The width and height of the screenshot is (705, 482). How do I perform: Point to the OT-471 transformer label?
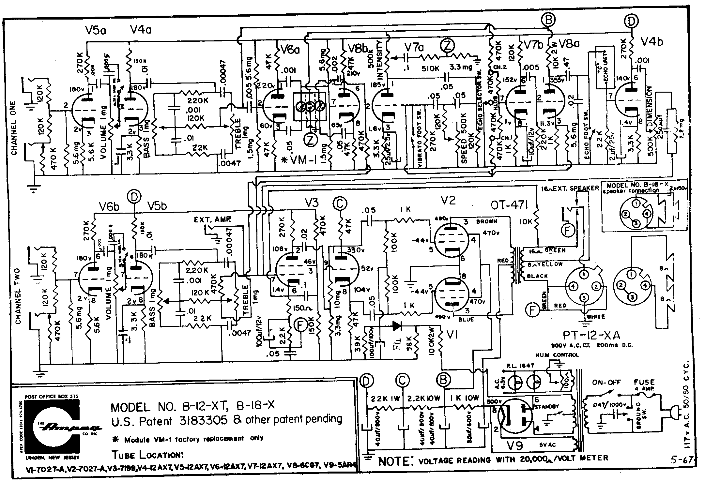(x=509, y=205)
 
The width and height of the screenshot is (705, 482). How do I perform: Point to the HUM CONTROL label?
(x=557, y=355)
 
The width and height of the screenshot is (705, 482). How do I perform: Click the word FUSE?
(x=644, y=382)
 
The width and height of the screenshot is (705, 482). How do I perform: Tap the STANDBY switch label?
(x=547, y=407)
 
